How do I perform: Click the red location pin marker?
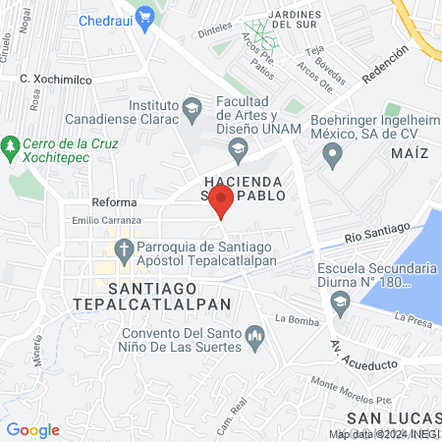[221, 201]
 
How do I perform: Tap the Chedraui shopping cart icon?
[145, 16]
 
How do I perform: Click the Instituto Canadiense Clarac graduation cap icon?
[192, 106]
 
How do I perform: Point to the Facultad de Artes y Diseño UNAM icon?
[237, 149]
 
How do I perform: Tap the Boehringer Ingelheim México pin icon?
[333, 152]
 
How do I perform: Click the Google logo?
[32, 429]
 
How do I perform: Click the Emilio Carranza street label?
[102, 222]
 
